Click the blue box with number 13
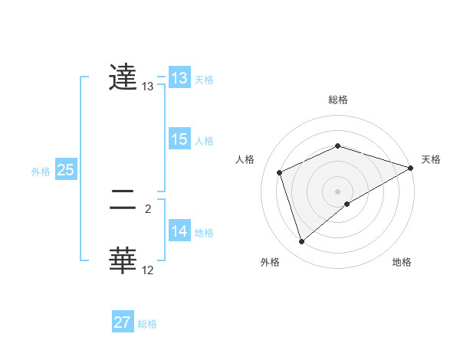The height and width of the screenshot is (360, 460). click(179, 78)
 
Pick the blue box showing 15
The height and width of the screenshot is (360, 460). click(179, 139)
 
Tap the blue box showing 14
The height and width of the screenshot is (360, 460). click(179, 231)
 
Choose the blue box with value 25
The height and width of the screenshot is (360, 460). click(66, 170)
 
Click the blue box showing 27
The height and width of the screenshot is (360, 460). click(123, 322)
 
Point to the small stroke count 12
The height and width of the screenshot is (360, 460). click(148, 270)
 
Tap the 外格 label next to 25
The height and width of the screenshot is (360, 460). click(41, 172)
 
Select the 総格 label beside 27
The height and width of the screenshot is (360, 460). click(147, 324)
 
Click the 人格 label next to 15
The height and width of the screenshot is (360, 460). click(204, 141)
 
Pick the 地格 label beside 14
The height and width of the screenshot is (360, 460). click(204, 233)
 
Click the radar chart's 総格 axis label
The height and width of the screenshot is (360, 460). click(338, 100)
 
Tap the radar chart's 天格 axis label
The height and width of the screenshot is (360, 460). click(431, 159)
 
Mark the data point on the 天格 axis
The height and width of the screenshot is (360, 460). click(411, 168)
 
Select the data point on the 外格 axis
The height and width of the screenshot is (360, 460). click(302, 242)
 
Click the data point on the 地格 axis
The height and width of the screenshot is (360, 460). click(347, 204)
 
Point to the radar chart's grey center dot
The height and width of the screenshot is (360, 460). click(337, 191)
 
